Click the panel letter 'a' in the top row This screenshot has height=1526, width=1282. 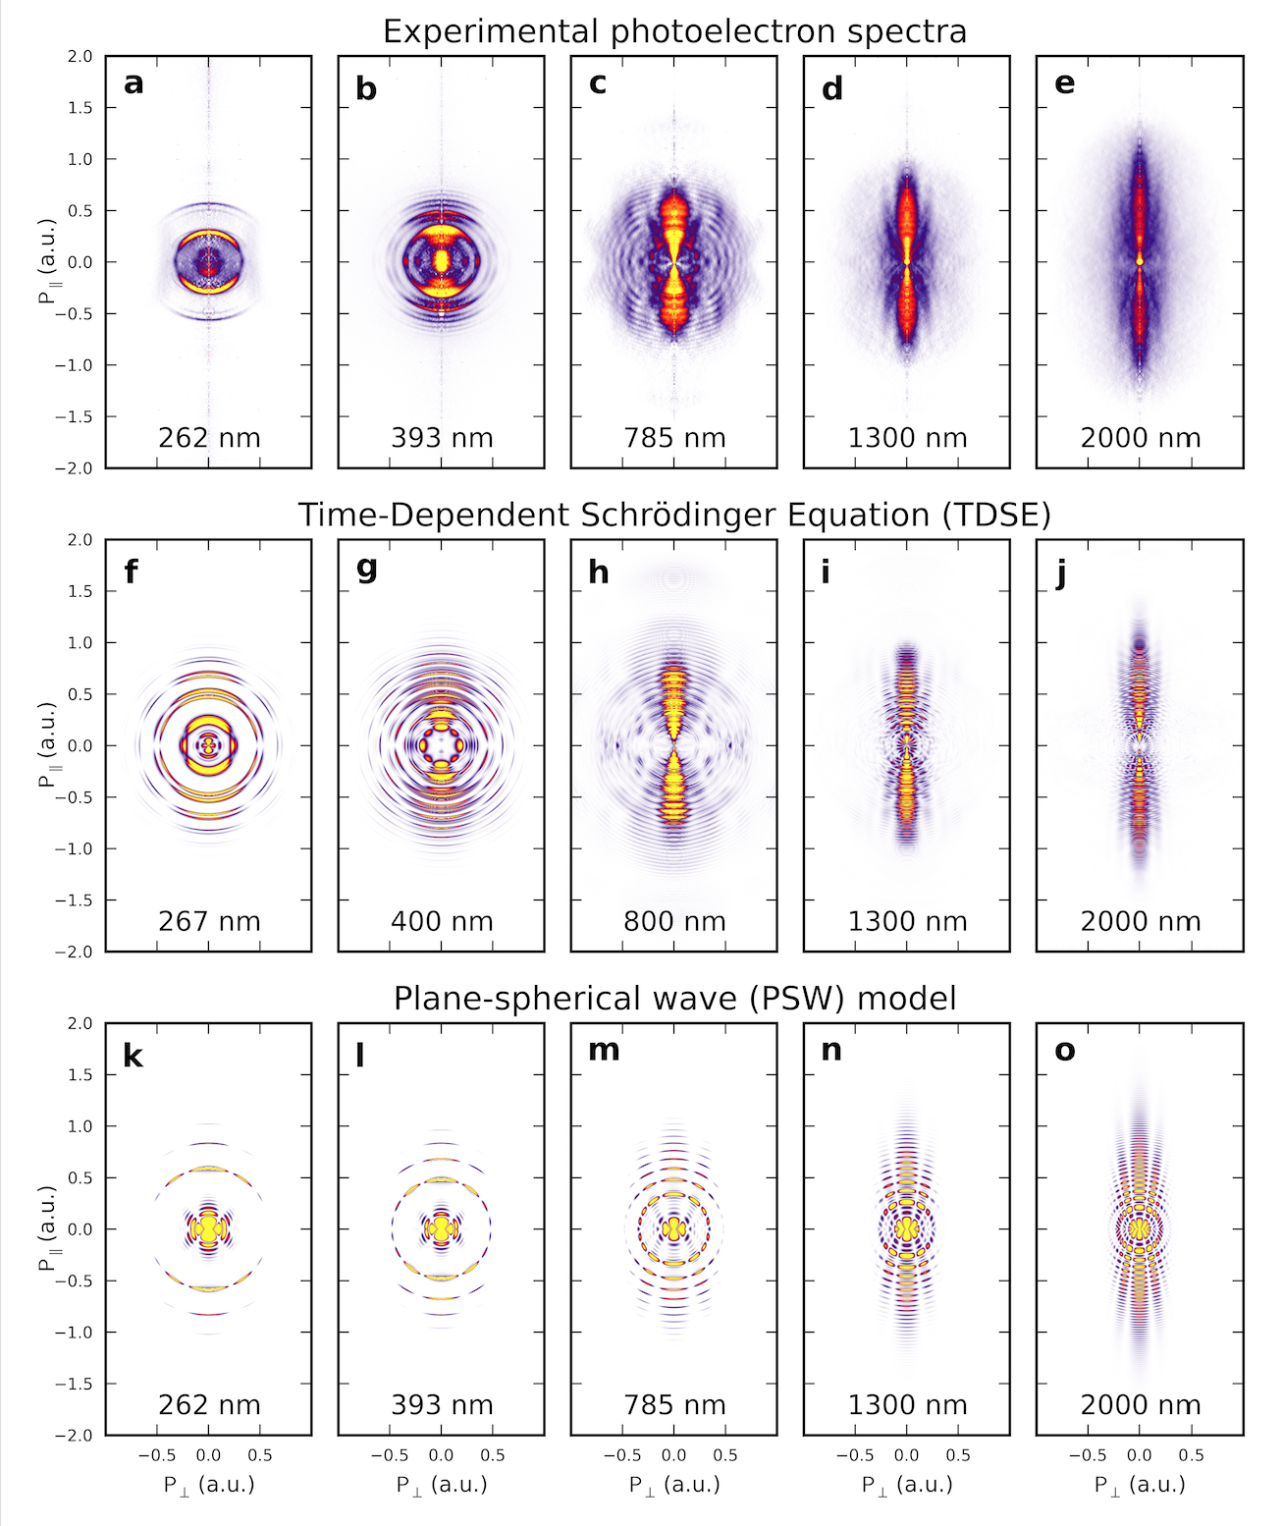134,83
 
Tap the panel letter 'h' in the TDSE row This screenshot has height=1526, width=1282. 599,572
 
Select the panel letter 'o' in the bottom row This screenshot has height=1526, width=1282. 1065,1051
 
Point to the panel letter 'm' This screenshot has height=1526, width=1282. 604,1051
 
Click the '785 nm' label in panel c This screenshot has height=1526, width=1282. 674,438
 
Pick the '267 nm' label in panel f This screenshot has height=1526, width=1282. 209,922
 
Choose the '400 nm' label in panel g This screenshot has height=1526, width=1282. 442,922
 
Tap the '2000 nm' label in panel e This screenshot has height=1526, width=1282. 1140,438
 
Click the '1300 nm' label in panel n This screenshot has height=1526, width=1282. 907,1405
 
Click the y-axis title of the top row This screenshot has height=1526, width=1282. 47,261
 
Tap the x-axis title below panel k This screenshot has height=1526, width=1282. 209,1485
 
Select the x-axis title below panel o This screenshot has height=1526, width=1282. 1140,1485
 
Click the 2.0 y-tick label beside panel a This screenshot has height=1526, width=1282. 80,57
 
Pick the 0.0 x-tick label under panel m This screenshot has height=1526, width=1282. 674,1455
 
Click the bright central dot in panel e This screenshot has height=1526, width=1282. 1140,261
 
